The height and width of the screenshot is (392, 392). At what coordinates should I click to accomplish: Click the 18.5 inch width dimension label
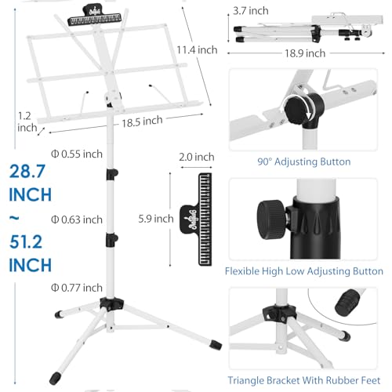click(142, 122)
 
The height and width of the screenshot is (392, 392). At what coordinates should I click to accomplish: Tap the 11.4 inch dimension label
click(197, 49)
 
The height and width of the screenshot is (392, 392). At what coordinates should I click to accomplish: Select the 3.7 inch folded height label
click(251, 11)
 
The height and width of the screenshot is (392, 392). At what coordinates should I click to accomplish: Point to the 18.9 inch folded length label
click(305, 53)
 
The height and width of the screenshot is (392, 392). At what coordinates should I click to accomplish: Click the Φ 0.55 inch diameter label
click(77, 154)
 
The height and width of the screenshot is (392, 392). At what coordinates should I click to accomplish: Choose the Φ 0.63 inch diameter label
click(77, 220)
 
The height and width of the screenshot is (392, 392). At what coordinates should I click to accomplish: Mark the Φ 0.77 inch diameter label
click(77, 288)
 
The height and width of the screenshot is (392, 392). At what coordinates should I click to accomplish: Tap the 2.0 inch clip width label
click(197, 157)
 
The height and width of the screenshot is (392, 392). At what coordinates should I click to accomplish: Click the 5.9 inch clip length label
click(156, 219)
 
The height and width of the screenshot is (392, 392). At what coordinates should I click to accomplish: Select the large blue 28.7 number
click(27, 172)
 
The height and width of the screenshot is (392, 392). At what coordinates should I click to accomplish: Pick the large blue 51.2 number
click(26, 242)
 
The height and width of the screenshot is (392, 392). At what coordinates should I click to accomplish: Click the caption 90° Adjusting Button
click(304, 162)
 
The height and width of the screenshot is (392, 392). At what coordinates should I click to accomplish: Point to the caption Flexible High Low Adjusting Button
click(304, 271)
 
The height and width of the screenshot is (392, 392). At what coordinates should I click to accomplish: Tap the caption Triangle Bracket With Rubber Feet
click(304, 380)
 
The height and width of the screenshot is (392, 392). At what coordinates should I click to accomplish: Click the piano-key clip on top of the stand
click(95, 16)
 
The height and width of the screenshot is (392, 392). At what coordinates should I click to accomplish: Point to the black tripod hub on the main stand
click(111, 303)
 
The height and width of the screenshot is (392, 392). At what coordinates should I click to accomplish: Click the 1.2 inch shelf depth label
click(27, 122)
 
